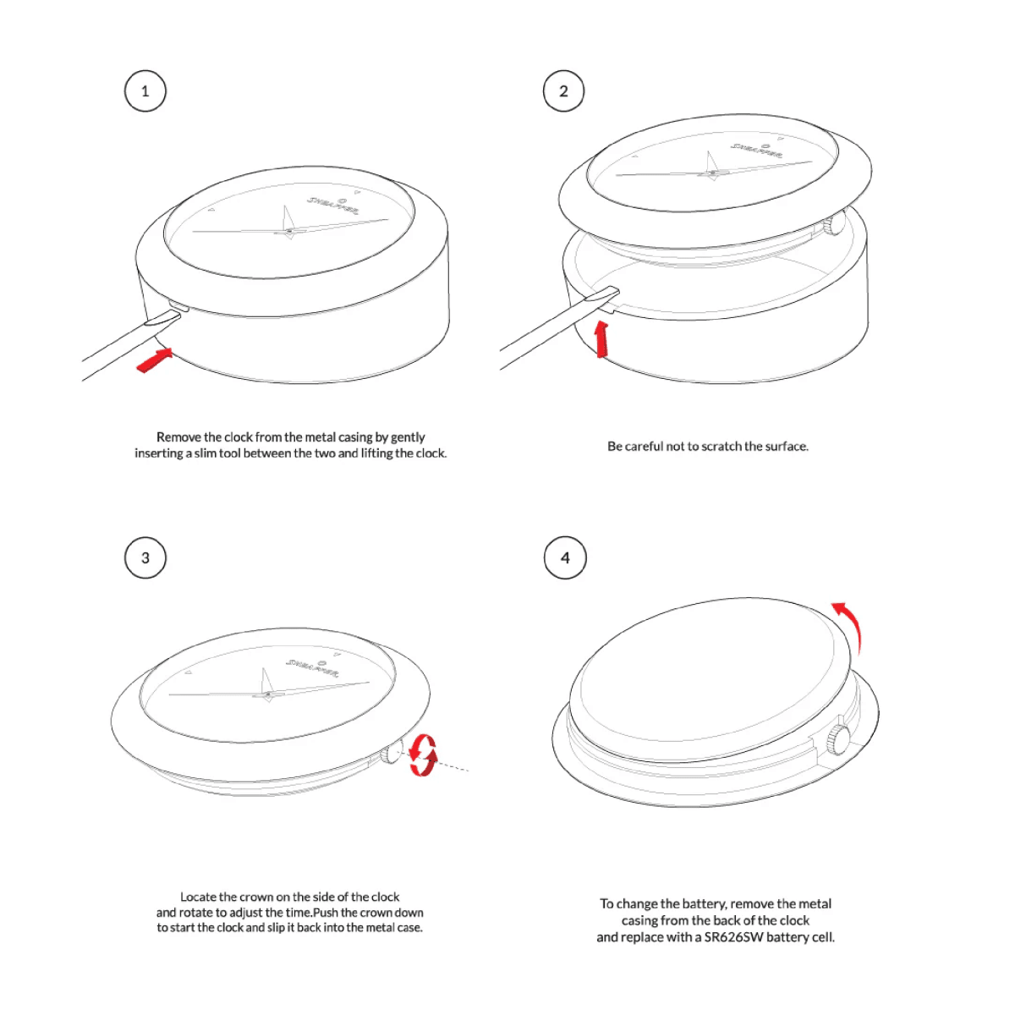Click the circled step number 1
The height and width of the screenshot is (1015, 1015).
point(145,91)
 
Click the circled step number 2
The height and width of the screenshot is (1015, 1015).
point(563,91)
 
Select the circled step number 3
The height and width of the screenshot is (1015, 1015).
point(145,557)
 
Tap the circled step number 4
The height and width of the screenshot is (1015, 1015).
point(565,557)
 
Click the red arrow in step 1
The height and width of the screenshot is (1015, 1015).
point(155,360)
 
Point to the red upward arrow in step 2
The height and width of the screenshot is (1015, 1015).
point(601,340)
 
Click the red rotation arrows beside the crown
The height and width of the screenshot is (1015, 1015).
point(423,755)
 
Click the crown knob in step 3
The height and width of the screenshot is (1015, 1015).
point(392,752)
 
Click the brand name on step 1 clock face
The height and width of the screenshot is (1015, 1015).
point(333,206)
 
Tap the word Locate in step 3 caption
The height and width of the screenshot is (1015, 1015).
point(198,897)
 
